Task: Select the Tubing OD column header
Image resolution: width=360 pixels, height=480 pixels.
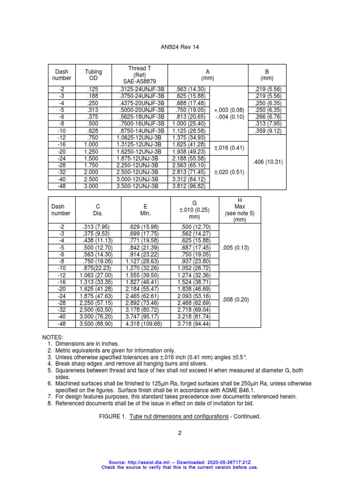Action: click(93, 75)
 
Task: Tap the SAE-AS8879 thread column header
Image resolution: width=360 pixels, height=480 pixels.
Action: click(140, 75)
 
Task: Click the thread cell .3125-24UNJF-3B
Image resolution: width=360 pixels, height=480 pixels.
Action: click(140, 89)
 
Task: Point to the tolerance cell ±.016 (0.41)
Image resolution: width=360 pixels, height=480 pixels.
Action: click(230, 148)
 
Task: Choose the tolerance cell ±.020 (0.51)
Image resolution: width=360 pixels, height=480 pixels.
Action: click(230, 172)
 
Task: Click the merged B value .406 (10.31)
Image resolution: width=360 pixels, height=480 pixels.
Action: click(267, 162)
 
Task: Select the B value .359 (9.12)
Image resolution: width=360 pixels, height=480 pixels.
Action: click(267, 131)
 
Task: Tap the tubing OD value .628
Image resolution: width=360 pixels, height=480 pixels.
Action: click(93, 131)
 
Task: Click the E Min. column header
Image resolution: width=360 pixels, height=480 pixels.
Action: click(146, 210)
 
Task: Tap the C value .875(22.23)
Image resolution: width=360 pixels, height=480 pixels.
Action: click(97, 269)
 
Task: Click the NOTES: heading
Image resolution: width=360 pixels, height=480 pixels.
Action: click(52, 337)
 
